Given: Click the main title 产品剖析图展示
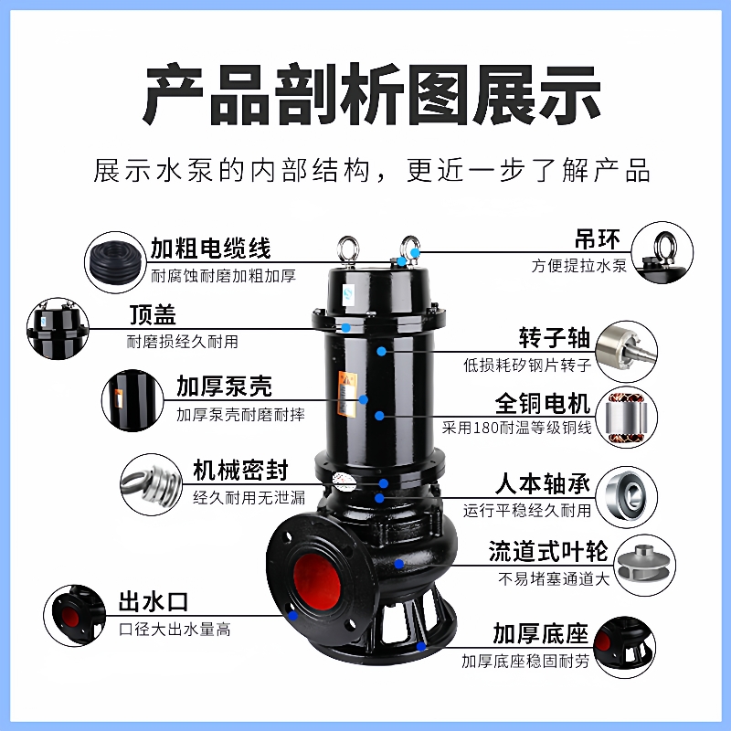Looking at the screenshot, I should (365, 94).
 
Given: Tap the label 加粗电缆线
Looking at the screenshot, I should (210, 247).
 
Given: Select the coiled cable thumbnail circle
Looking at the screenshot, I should (115, 260).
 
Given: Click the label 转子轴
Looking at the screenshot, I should (555, 337).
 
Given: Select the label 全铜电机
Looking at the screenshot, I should (543, 403).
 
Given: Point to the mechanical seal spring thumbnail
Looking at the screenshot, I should (150, 487).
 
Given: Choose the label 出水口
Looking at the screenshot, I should (153, 602).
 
